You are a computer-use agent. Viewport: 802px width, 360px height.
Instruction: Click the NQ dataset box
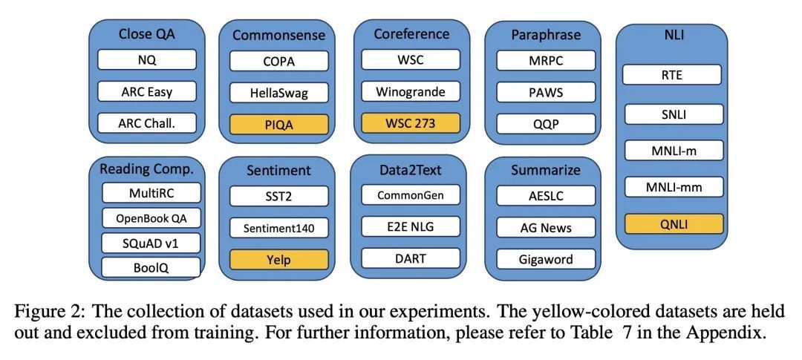pos(147,59)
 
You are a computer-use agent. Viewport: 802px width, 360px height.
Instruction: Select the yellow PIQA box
pos(278,124)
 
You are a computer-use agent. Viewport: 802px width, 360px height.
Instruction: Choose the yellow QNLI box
pos(673,223)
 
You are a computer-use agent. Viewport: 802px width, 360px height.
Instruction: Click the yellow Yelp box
pos(278,260)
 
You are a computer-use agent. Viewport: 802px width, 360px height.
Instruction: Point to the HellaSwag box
pos(278,92)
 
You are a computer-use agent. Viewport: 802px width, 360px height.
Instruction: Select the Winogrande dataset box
pos(411,92)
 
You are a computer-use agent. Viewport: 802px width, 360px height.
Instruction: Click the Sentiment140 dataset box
pos(278,228)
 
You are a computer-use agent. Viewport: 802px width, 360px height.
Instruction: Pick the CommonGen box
pos(411,196)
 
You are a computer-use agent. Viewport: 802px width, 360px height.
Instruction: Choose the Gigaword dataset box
pos(546,259)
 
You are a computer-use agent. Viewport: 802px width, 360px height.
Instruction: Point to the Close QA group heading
pos(147,33)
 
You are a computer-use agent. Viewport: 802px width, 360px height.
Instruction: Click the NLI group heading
pos(672,35)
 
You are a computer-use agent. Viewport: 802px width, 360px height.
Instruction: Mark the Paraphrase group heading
pos(545,35)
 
